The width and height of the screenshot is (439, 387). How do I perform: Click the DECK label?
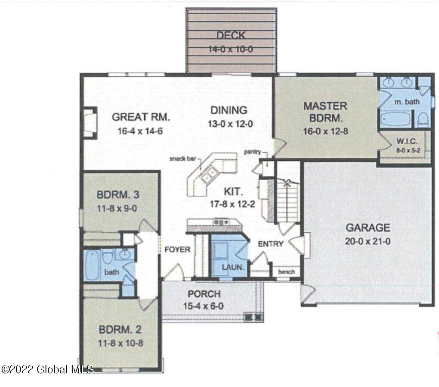[231, 36]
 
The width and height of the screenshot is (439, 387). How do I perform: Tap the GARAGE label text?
[368, 228]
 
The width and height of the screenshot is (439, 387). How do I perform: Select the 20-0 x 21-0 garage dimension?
[368, 241]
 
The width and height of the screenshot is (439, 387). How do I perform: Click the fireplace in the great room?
[90, 123]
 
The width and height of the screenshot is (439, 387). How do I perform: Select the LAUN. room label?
[233, 267]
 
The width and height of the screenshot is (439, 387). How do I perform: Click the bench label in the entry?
[286, 272]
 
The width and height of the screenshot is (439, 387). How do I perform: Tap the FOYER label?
[177, 249]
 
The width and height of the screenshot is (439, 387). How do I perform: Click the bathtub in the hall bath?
[92, 265]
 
